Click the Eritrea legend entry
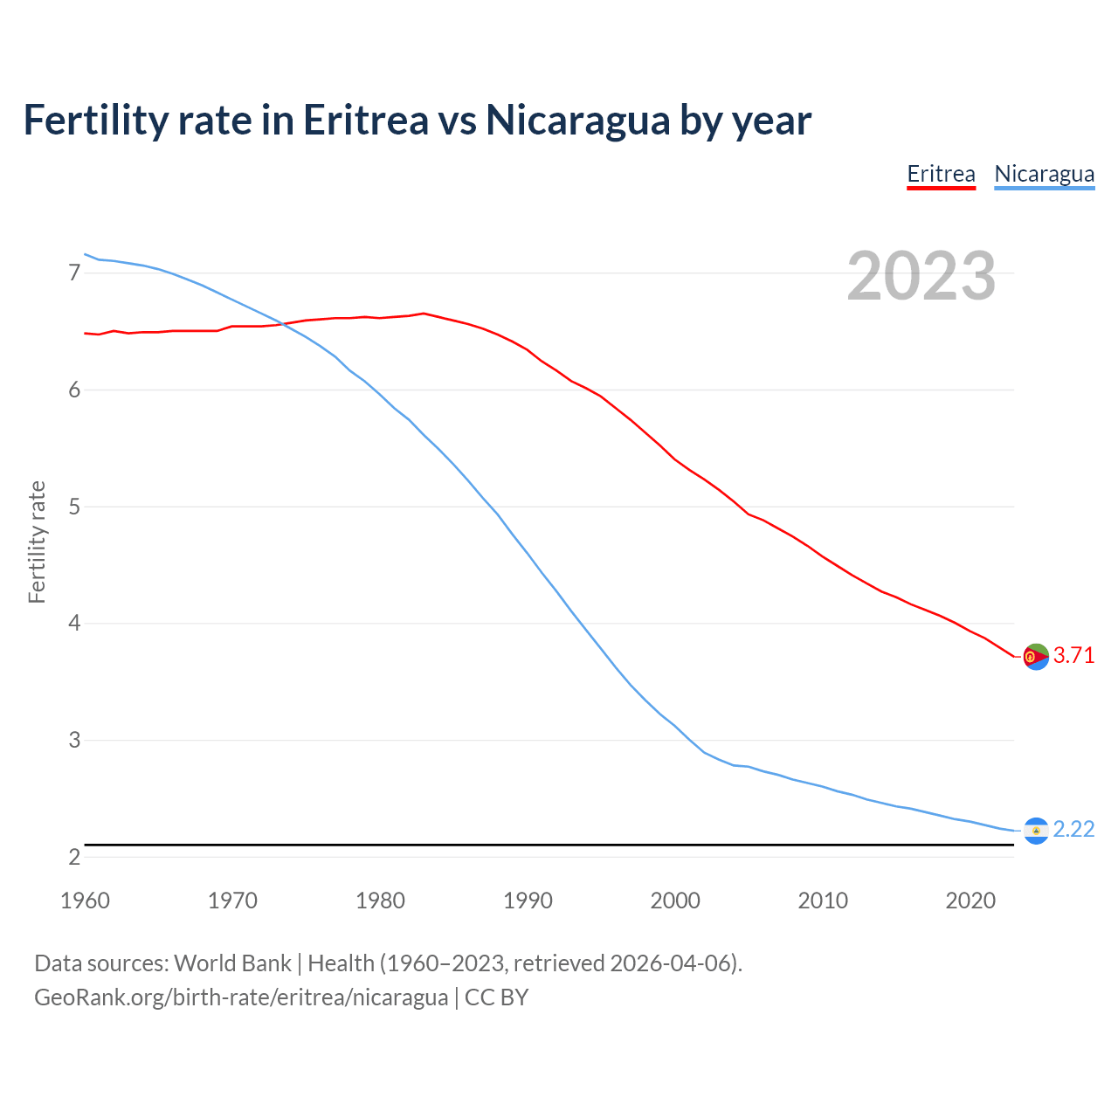click(x=941, y=174)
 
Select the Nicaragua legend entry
click(x=1044, y=174)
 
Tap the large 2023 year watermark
click(x=921, y=276)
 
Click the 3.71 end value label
click(x=1073, y=655)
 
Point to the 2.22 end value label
click(x=1073, y=829)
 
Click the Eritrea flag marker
click(x=1036, y=656)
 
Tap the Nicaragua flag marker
click(x=1036, y=830)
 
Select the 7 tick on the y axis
click(x=74, y=273)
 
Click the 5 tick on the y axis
click(x=74, y=507)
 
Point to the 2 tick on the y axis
click(x=74, y=857)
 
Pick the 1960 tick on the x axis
click(x=85, y=901)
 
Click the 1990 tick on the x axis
click(x=528, y=901)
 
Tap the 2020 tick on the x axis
click(x=970, y=901)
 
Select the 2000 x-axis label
click(x=675, y=901)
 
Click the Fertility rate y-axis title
click(x=37, y=542)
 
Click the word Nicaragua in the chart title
click(x=576, y=120)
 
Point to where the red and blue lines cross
click(x=281, y=324)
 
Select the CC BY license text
click(x=496, y=997)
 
